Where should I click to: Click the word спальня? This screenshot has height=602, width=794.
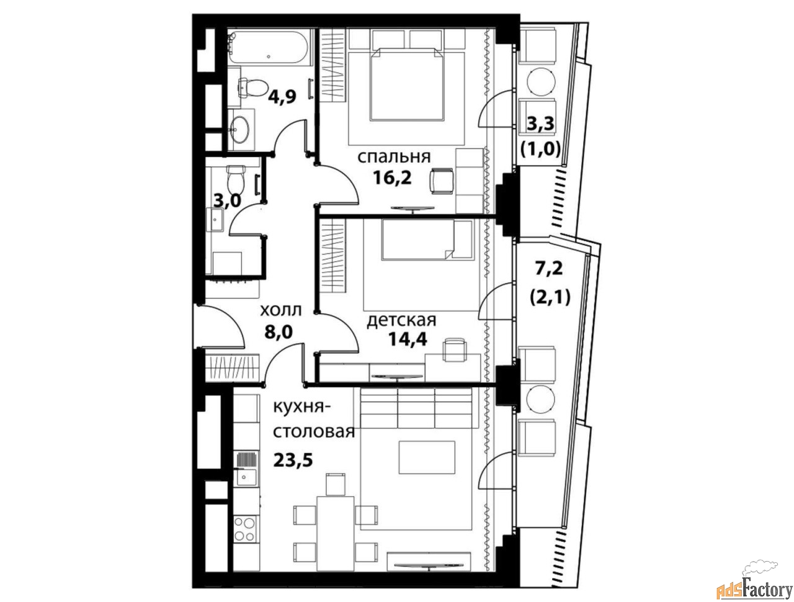click(x=394, y=158)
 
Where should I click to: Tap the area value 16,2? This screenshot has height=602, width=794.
click(x=392, y=178)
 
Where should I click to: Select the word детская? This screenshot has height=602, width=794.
click(x=401, y=320)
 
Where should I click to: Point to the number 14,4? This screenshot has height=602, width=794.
click(x=408, y=339)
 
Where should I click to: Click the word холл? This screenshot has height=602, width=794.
click(x=281, y=310)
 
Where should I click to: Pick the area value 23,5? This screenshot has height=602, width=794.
click(x=293, y=460)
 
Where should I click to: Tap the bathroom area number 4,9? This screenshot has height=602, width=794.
click(x=282, y=97)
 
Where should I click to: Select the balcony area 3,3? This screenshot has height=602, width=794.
click(x=540, y=125)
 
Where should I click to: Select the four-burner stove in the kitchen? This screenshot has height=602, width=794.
click(x=245, y=533)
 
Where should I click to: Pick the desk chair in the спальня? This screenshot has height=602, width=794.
click(x=441, y=181)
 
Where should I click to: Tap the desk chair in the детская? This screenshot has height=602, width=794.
click(x=454, y=350)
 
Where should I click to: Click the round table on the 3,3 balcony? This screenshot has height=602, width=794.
click(x=540, y=82)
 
